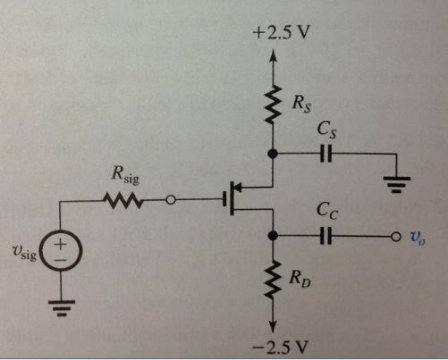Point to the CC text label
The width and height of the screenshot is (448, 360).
tap(327, 214)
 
